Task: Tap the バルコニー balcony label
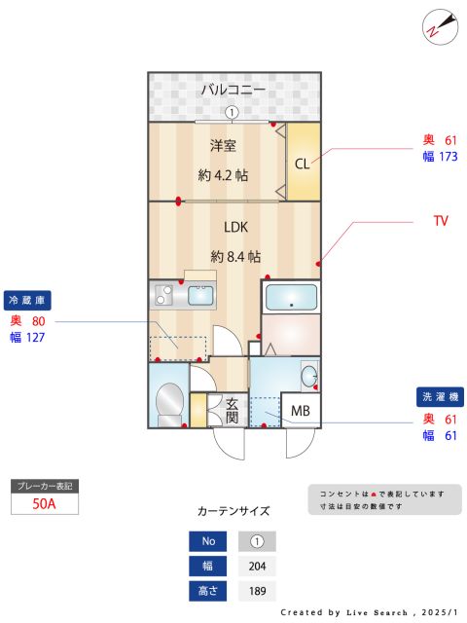[233, 90]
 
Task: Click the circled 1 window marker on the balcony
[232, 112]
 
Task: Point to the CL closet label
[303, 163]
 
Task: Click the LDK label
[236, 227]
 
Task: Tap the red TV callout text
[441, 221]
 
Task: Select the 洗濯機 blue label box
[442, 397]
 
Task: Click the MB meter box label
[301, 411]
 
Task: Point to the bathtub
[290, 298]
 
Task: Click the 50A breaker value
[43, 503]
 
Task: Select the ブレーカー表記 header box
[43, 484]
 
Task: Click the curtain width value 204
[257, 566]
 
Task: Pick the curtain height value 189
[257, 590]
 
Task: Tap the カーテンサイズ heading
[233, 510]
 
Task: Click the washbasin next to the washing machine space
[308, 375]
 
